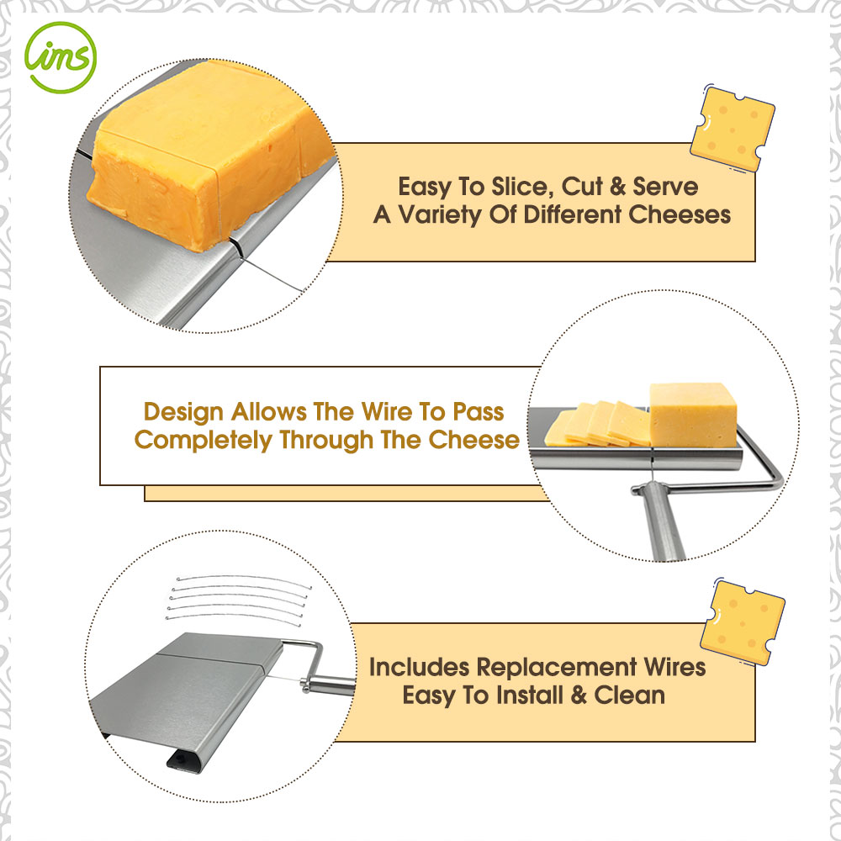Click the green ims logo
coord(60,57)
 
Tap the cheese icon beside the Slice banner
coord(733,129)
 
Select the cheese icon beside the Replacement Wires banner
coord(743,622)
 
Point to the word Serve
coord(665,187)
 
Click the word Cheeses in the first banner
coord(679,214)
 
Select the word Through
coord(326,441)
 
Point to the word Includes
coord(419,667)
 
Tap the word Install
coord(530,696)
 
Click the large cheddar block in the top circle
coord(209,156)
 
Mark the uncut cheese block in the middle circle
coord(693,415)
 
